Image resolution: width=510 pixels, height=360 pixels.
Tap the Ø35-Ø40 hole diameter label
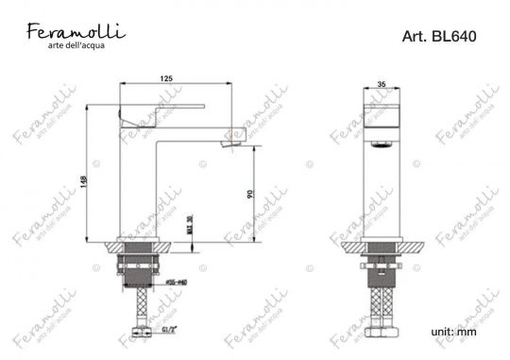[x=178, y=282]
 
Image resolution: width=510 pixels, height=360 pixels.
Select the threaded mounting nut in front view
[x=381, y=270]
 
